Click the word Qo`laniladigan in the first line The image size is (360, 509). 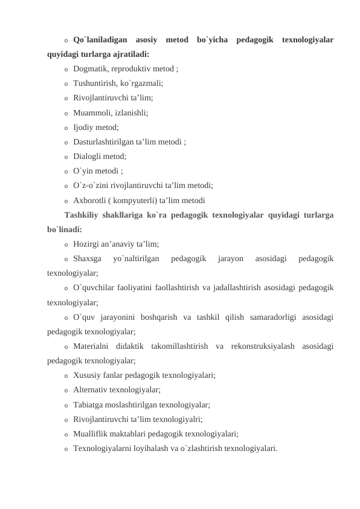point(100,41)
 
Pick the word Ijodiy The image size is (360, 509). point(84,128)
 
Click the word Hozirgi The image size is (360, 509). point(87,244)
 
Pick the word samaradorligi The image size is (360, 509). point(256,317)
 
